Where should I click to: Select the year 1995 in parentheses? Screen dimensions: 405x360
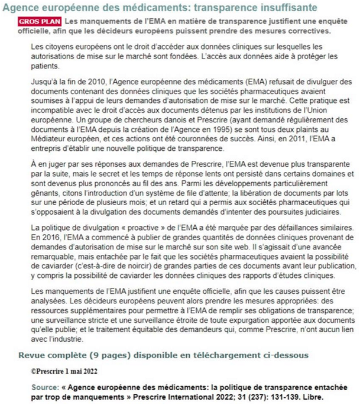point(213,127)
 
